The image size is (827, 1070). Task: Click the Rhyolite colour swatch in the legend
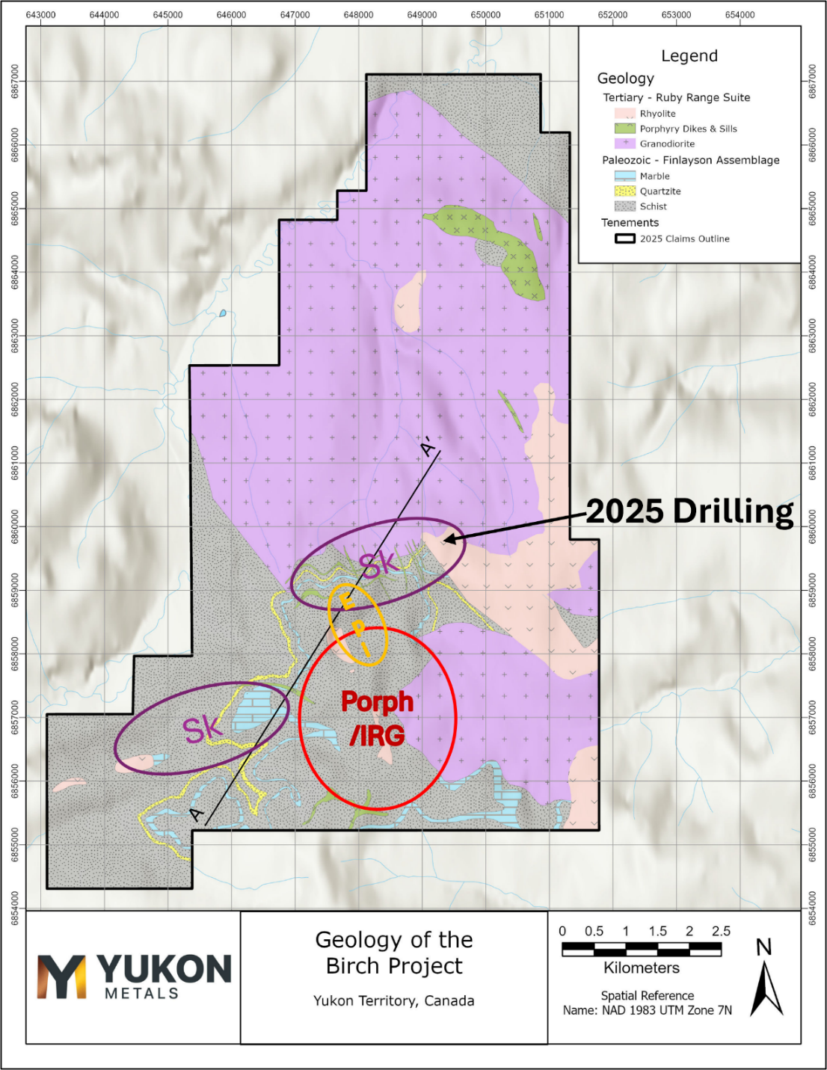point(624,114)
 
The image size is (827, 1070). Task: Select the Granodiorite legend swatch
point(624,144)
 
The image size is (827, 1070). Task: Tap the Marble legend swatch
point(624,176)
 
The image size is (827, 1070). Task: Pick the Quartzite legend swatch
point(624,191)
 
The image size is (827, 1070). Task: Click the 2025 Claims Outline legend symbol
point(624,239)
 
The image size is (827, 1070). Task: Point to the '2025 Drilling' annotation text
point(689,511)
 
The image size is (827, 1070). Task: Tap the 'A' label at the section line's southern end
point(197,814)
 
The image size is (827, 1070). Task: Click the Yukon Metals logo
point(135,976)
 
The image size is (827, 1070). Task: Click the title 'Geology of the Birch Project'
point(394,953)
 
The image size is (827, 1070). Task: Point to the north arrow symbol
point(766,987)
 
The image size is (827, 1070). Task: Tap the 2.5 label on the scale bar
point(721,931)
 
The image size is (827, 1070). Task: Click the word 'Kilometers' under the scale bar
point(642,968)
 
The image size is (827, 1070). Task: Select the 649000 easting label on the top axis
point(422,15)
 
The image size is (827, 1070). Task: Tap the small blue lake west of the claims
point(222,313)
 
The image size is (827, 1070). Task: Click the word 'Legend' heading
point(689,56)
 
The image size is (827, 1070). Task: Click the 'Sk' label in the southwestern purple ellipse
point(202,729)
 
